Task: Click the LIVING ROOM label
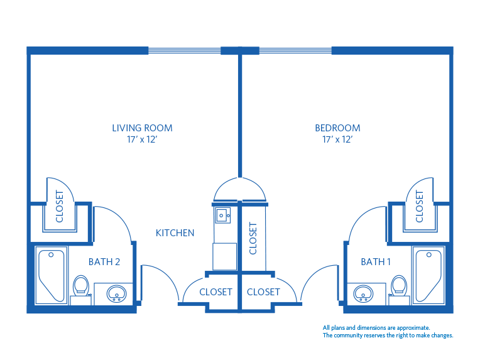tap(142, 128)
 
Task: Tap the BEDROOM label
tap(337, 128)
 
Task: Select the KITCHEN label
tap(175, 233)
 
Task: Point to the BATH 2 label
tap(104, 262)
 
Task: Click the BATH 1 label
tap(376, 262)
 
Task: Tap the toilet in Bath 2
tap(80, 286)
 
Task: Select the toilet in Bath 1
tap(398, 286)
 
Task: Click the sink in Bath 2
tap(116, 293)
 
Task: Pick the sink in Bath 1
tap(362, 293)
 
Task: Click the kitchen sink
tap(222, 215)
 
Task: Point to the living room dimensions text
tap(142, 139)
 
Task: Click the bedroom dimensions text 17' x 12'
tap(337, 139)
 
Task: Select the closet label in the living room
tap(60, 207)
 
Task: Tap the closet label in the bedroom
tap(420, 207)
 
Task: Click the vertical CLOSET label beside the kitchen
tap(253, 238)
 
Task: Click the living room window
tap(184, 50)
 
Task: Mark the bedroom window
tap(295, 50)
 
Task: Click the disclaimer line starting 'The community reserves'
tap(388, 335)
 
